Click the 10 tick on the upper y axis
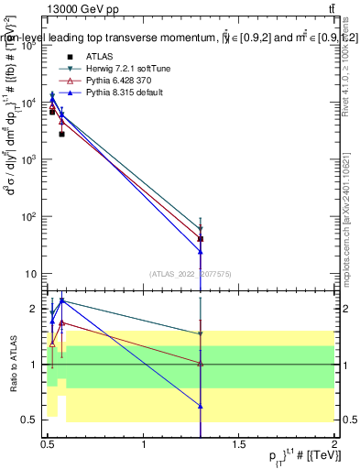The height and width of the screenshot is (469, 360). [x=35, y=274]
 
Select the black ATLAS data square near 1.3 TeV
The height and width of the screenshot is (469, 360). [x=200, y=238]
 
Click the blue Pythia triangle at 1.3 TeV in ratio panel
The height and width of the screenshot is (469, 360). [x=200, y=405]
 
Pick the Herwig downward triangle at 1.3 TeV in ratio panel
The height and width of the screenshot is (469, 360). [x=200, y=334]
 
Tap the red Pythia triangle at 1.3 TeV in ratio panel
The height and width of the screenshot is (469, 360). [x=200, y=364]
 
